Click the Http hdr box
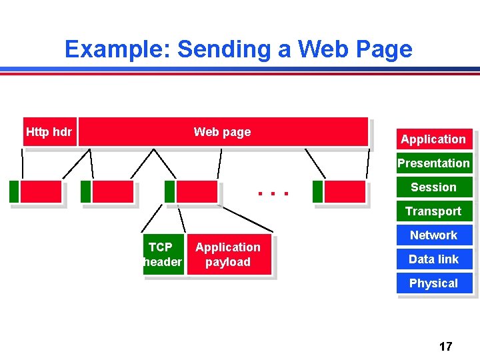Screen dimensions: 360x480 tap(49, 132)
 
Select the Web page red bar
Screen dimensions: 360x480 tap(223, 132)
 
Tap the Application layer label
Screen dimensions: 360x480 tap(433, 139)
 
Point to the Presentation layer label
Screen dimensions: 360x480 tap(433, 163)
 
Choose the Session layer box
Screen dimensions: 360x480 tap(433, 187)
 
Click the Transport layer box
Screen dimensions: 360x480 tap(433, 211)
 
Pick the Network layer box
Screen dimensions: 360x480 tap(433, 235)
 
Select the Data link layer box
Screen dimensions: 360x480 tap(433, 259)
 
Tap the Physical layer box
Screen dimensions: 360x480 tap(433, 283)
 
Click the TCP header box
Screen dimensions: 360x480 tap(162, 255)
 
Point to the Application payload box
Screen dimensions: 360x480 tap(229, 255)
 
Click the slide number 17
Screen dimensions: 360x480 tap(445, 346)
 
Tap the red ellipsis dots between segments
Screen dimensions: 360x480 tap(273, 193)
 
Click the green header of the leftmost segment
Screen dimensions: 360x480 tap(14, 192)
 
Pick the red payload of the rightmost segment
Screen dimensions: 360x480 tap(345, 192)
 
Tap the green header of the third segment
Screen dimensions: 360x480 tap(169, 192)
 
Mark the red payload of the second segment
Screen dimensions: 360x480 tap(113, 192)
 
